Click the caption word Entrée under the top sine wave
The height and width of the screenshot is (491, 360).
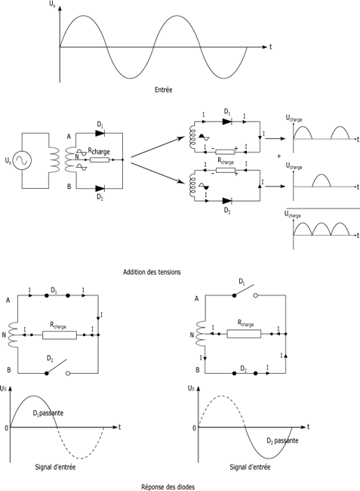coord(163,90)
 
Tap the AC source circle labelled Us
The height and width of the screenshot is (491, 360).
coord(22,161)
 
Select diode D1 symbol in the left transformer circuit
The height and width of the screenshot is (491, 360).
coord(100,133)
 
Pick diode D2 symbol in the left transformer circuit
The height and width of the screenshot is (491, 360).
coord(100,189)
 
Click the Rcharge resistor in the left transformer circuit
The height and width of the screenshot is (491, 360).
coord(100,159)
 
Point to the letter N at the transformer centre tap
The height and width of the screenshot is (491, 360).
coord(77,156)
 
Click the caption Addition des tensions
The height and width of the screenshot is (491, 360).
coord(152,272)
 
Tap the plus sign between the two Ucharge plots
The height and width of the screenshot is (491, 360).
coord(279,156)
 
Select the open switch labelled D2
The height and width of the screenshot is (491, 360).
coord(57,366)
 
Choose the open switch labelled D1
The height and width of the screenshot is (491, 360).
coord(245,290)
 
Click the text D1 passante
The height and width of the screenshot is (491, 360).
coord(48,413)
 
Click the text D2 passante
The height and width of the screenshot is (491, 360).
coord(282,440)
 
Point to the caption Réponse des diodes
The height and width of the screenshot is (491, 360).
coord(168,486)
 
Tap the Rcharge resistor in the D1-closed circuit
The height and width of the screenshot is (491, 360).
coord(60,335)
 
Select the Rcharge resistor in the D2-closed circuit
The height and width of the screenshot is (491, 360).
coord(244,334)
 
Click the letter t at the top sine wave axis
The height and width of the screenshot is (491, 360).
coord(270,47)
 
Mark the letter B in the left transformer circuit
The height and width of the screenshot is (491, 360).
coord(69,187)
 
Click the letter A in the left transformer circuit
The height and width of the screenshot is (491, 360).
coord(69,137)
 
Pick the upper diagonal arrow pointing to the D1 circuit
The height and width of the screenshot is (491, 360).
coord(158,147)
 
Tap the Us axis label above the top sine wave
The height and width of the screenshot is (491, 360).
coord(52,5)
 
